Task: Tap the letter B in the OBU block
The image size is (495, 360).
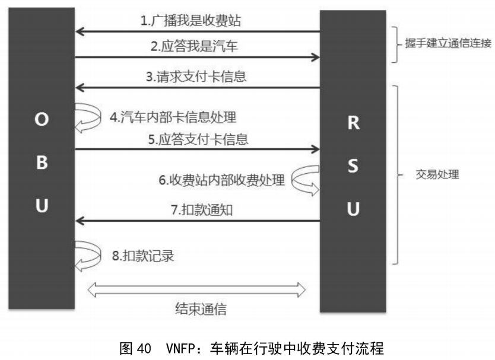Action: [x=41, y=163]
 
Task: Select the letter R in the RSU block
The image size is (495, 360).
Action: [x=353, y=124]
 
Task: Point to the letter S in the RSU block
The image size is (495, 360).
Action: [x=353, y=167]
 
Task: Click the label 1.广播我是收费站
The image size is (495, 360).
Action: [x=191, y=21]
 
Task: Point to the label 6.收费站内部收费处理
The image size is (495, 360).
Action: [x=221, y=180]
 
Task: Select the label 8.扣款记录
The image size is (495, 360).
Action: [x=142, y=256]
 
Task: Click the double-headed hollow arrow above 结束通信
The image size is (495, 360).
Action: [x=196, y=290]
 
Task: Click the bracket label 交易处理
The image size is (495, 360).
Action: [x=436, y=176]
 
